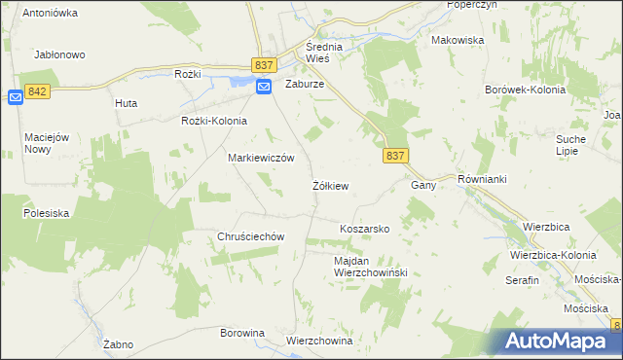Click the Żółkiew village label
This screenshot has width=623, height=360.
tap(330, 185)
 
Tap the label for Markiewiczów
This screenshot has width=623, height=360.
tap(261, 158)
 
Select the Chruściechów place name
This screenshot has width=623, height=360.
tap(250, 236)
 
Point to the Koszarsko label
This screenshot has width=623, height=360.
tap(364, 229)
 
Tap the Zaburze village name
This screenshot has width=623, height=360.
tap(304, 85)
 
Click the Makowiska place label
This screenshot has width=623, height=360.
tap(458, 41)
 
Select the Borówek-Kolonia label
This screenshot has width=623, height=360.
tap(526, 90)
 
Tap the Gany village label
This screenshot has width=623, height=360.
tap(421, 185)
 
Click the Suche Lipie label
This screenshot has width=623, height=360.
tap(570, 146)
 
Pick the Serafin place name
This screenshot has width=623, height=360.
tap(522, 280)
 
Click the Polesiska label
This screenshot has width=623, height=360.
tap(46, 212)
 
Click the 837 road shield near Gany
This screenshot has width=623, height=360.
tap(394, 156)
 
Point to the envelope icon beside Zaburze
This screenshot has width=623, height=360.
tap(265, 87)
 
